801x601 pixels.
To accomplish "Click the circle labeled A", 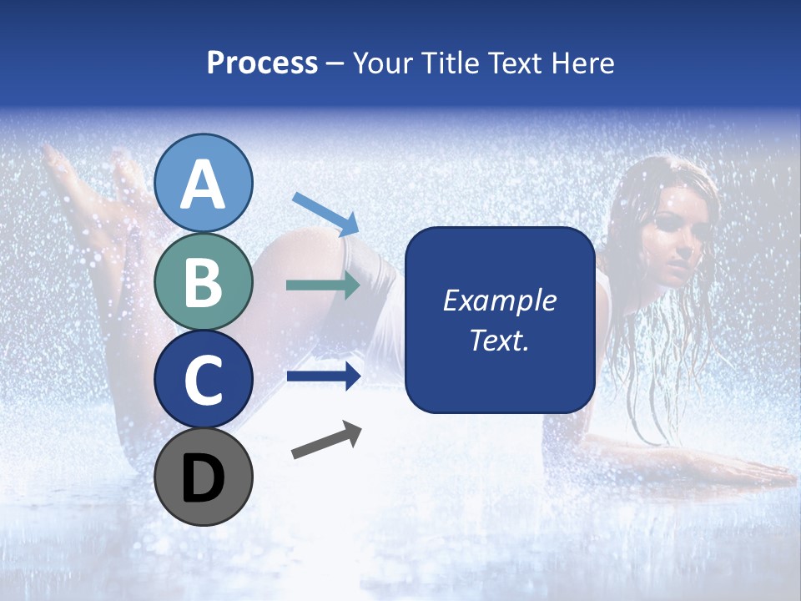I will [x=204, y=183].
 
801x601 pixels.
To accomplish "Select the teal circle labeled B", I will [x=204, y=281].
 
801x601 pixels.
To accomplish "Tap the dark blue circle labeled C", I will [x=204, y=380].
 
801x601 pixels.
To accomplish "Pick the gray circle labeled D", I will [x=204, y=477].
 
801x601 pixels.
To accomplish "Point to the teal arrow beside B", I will [x=323, y=285].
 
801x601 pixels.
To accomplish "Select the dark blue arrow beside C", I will [x=324, y=376].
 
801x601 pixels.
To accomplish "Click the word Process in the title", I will [x=262, y=63].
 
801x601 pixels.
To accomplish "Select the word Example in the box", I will [x=500, y=300].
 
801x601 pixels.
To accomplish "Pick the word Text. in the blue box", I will [x=500, y=341].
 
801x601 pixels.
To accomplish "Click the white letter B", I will [x=204, y=282].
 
